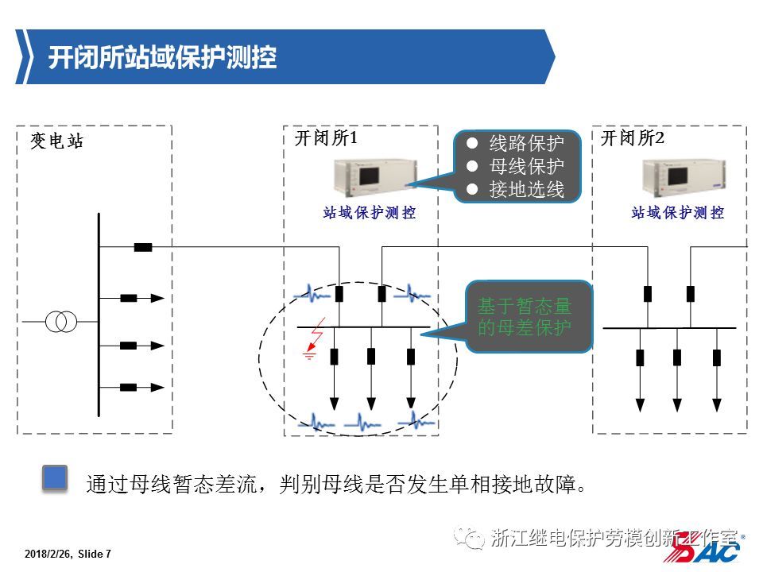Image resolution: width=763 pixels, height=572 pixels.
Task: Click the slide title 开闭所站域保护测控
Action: [x=162, y=57]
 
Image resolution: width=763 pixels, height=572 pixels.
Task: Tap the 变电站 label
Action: [x=56, y=142]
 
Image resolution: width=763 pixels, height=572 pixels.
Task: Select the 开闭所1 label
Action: [x=326, y=138]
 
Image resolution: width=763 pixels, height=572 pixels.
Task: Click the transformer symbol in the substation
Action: [x=61, y=322]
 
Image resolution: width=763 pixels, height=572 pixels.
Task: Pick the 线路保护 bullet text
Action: [x=526, y=144]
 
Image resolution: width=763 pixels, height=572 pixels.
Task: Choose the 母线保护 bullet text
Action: [x=526, y=167]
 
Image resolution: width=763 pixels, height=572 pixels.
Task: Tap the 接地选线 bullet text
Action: [x=526, y=190]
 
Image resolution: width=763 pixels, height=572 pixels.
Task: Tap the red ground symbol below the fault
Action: [x=310, y=355]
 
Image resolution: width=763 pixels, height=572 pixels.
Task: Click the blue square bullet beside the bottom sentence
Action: [x=54, y=477]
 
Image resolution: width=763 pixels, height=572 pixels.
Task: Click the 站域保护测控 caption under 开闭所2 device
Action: [x=677, y=213]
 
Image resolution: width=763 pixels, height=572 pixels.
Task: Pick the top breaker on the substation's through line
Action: [x=143, y=247]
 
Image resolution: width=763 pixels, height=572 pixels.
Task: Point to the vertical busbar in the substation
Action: [x=99, y=314]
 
